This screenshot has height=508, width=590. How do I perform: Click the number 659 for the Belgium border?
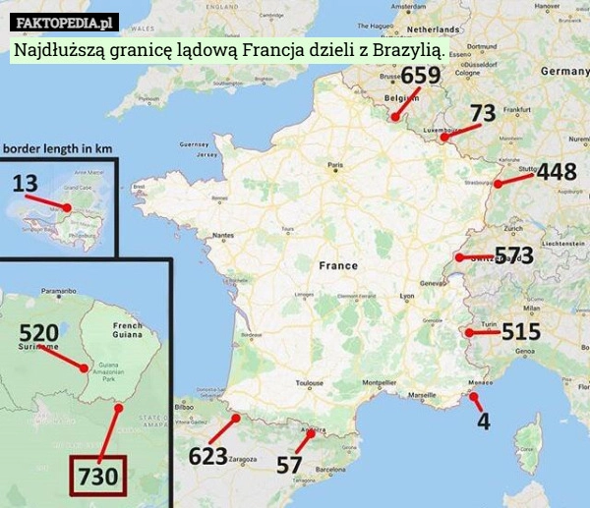pos(420,76)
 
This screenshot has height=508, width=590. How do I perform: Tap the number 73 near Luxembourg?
pos(482,114)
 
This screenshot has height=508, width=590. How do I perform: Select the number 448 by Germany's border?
pos(556,172)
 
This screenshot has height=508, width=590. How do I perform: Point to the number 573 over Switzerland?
pos(513,255)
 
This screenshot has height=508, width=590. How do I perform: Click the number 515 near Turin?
pos(521,332)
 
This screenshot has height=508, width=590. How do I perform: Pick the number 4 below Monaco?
pos(483,421)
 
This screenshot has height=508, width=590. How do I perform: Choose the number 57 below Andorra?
pos(289,465)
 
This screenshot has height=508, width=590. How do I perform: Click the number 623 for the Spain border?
pos(207,457)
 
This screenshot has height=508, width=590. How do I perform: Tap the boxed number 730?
pos(98,478)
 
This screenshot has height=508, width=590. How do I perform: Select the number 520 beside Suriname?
pos(38,332)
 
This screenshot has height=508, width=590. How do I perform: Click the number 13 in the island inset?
pos(26,183)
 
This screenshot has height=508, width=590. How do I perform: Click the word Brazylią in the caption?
pos(400,49)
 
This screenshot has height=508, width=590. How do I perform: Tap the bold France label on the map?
pos(338,265)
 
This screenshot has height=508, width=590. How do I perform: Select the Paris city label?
pos(334,165)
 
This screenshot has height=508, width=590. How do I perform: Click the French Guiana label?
pos(127,331)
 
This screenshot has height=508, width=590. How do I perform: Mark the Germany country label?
pos(563,71)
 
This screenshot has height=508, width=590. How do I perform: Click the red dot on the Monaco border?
pos(473,397)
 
